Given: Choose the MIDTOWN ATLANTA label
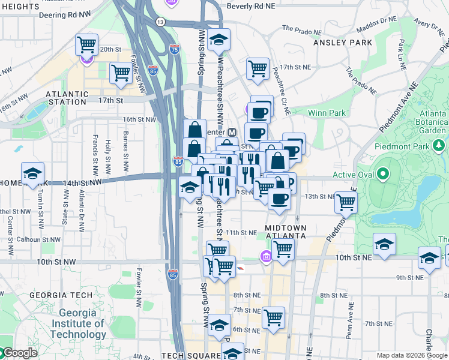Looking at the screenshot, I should [286, 232].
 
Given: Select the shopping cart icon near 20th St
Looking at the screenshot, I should [87, 44].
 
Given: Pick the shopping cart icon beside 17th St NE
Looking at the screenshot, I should [258, 68].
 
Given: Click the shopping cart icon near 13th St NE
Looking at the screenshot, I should [346, 202].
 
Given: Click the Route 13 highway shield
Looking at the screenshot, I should [160, 22].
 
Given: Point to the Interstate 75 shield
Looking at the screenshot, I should [175, 50].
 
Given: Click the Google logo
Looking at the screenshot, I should [20, 353].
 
